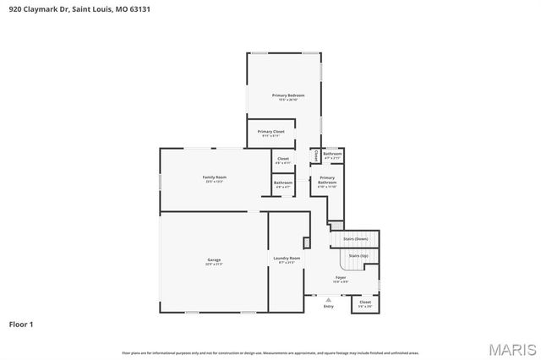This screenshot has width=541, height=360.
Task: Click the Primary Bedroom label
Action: [287, 95]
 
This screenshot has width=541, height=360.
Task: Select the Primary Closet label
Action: [270, 132]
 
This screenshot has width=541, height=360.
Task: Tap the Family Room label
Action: [214, 177]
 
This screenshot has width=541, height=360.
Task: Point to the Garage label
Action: [214, 259]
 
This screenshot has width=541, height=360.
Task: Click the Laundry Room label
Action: [287, 259]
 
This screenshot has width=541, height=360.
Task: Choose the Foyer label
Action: [341, 277]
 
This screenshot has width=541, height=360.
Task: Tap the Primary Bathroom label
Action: [327, 180]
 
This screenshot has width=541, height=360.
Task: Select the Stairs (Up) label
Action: [358, 254]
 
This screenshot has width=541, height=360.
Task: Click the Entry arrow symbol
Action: [328, 299]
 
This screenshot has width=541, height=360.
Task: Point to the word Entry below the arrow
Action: [328, 306]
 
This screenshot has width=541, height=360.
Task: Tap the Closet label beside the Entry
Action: [365, 302]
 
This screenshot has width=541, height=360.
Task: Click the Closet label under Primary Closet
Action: [282, 158]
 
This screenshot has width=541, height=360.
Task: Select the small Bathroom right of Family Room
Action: [282, 183]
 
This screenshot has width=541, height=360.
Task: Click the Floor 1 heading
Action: [22, 324]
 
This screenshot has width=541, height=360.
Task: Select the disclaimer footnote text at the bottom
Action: [270, 352]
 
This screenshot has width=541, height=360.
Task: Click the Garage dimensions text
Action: [214, 265]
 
